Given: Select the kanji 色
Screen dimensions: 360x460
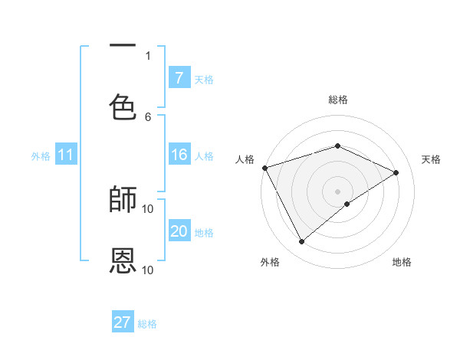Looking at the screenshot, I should [123, 106].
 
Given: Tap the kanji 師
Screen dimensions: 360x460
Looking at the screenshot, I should [123, 199].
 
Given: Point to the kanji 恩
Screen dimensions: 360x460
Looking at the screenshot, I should [123, 260].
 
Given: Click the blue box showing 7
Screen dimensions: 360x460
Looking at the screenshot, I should [179, 77].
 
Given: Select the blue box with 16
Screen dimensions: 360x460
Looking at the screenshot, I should [179, 155].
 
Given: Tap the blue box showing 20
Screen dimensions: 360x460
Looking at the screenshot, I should [179, 231].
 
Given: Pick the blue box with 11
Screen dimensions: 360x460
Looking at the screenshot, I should [66, 155].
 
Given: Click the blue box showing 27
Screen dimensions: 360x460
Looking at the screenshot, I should [123, 322].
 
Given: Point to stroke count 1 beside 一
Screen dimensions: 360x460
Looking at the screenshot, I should [148, 55].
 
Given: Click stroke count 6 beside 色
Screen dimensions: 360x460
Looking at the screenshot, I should [148, 116].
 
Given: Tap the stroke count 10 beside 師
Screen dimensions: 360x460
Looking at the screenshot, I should [148, 208].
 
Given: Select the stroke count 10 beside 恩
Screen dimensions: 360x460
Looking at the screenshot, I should [148, 270].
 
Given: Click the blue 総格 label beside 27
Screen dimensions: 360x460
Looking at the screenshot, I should [147, 324].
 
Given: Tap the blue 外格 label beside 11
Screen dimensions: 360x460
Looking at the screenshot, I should [41, 156].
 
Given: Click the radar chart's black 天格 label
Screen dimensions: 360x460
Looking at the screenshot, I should [431, 159].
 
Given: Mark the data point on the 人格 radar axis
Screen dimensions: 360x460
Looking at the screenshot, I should [264, 168].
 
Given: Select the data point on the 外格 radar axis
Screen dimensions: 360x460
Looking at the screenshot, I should [301, 242].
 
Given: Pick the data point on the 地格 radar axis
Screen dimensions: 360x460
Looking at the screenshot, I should [347, 204].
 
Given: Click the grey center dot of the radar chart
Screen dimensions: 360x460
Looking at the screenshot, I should [337, 191].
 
